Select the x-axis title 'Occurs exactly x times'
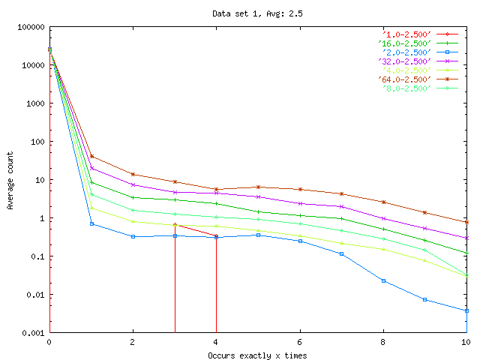coord(257,354)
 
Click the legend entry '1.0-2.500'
coord(406,34)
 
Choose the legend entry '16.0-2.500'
coord(406,43)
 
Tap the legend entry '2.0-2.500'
coord(406,52)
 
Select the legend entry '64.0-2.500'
coord(406,79)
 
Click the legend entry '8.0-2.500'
coord(406,88)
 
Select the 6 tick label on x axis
coord(300,342)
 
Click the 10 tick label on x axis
coord(466,342)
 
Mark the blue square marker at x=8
coord(383,280)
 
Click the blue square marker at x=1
coord(91,224)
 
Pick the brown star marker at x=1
coord(91,157)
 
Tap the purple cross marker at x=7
coord(341,206)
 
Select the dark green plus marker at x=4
coord(216,203)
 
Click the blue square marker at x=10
coord(466,310)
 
